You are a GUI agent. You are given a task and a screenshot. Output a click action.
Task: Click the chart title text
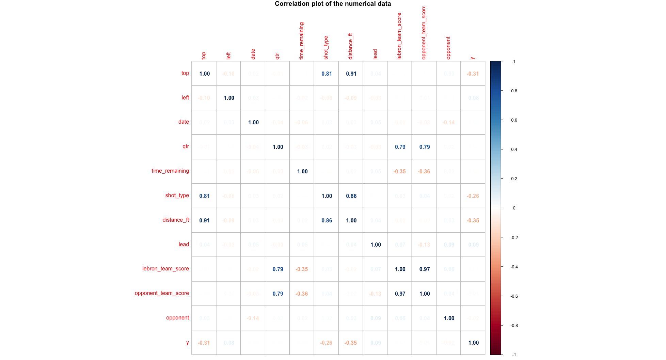[333, 4]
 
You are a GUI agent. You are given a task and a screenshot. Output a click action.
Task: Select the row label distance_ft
[176, 220]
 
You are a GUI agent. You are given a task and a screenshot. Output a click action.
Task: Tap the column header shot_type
[326, 48]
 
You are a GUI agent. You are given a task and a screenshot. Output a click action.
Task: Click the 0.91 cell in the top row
[351, 74]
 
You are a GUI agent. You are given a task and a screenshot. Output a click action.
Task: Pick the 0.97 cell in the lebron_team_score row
[424, 269]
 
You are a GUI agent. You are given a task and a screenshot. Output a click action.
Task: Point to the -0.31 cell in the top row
[473, 74]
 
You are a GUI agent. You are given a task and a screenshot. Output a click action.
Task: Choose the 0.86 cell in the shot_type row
[351, 196]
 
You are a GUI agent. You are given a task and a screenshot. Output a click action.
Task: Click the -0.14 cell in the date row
[448, 122]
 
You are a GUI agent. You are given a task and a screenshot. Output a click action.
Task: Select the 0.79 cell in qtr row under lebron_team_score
[400, 147]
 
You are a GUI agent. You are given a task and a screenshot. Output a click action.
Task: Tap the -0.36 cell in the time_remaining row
[424, 171]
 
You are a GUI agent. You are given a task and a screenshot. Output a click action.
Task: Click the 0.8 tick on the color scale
[514, 91]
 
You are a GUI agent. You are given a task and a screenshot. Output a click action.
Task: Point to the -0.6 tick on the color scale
[514, 296]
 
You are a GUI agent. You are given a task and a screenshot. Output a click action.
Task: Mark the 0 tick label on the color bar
[514, 208]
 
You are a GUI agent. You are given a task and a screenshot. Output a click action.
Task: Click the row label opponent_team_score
[162, 293]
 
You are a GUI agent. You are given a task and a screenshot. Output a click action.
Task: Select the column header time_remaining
[301, 41]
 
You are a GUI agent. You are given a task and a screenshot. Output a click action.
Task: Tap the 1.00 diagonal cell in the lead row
[376, 245]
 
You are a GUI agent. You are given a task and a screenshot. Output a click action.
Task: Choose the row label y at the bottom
[187, 342]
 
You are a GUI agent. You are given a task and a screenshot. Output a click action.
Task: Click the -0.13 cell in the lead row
[424, 245]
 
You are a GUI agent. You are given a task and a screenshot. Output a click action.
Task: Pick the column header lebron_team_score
[399, 36]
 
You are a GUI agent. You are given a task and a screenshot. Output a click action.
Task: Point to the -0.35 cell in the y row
[350, 343]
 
